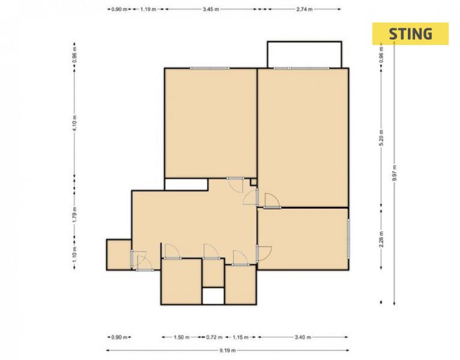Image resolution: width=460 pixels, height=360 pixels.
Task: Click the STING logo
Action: click(x=410, y=34)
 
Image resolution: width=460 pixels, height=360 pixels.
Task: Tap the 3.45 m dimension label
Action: click(x=211, y=9)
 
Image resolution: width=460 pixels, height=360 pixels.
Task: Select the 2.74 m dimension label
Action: click(x=304, y=9)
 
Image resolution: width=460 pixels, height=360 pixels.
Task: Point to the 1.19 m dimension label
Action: click(x=148, y=9)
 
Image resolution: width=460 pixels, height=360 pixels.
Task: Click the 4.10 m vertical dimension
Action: click(x=74, y=123)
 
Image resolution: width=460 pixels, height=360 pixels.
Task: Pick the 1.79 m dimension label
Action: click(x=74, y=214)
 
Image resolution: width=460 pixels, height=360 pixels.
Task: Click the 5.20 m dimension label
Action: click(x=381, y=137)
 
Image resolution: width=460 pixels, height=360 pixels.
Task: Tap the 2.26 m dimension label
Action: click(x=381, y=239)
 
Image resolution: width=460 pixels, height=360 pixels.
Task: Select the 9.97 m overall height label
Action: click(x=394, y=173)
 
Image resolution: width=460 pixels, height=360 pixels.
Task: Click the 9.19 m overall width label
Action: click(x=227, y=350)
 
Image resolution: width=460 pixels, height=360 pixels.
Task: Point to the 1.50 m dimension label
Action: click(x=182, y=337)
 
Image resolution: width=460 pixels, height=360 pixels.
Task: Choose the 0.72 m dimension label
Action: click(x=214, y=337)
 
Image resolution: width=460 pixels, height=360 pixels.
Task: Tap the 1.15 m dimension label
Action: click(x=240, y=337)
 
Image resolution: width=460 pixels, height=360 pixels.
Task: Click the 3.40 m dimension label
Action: click(x=303, y=337)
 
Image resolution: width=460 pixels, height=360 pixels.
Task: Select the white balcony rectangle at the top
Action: click(x=305, y=55)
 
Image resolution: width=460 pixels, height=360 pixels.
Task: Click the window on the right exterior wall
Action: click(x=348, y=239)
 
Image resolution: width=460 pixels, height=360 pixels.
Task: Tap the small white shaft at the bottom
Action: click(x=214, y=296)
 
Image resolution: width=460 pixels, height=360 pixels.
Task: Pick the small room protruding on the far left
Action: click(x=119, y=254)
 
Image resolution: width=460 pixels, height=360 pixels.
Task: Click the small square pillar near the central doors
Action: click(x=254, y=182)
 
